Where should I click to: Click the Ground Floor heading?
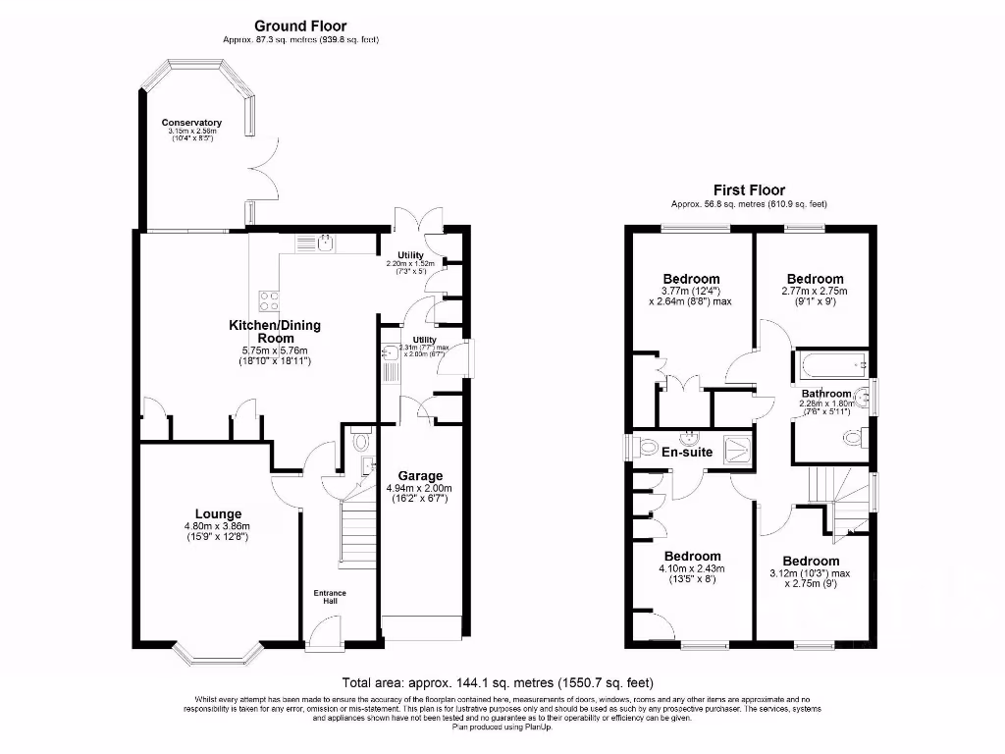[300, 26]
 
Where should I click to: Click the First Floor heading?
[749, 190]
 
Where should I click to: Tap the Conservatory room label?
[191, 123]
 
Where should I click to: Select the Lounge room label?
[218, 514]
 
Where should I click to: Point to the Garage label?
[420, 476]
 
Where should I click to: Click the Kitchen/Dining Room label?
[275, 332]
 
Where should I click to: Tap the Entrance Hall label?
[330, 597]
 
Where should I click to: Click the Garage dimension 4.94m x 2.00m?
[418, 494]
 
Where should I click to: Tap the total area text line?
[498, 682]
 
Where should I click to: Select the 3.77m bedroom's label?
[691, 279]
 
